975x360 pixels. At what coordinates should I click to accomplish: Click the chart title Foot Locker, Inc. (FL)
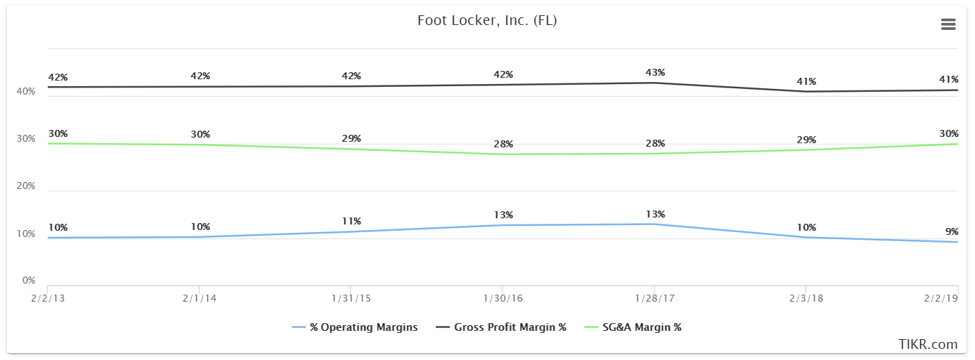click(x=486, y=21)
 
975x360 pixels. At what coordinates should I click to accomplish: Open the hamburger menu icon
click(x=948, y=24)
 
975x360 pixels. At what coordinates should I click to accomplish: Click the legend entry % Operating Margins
click(x=355, y=327)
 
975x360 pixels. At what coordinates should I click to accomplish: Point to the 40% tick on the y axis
click(x=26, y=92)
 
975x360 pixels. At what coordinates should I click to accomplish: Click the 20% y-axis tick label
click(x=26, y=186)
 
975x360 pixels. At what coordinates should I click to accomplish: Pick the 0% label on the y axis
click(x=28, y=281)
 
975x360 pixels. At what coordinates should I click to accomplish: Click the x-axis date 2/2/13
click(x=47, y=298)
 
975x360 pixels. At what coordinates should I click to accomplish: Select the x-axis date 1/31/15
click(x=351, y=298)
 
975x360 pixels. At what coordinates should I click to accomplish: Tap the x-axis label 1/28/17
click(x=655, y=298)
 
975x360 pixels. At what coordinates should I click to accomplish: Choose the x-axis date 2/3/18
click(x=806, y=298)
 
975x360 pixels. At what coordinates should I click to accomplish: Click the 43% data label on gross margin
click(x=655, y=72)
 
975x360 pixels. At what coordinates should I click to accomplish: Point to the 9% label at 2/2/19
click(x=951, y=231)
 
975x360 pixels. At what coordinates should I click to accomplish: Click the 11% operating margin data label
click(x=352, y=221)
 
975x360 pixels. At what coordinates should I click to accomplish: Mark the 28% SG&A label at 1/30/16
click(x=503, y=144)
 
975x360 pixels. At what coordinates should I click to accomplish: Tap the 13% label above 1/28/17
click(x=655, y=214)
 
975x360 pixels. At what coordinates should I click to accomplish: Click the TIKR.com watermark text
click(x=928, y=345)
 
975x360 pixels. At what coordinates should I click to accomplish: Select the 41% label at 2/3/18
click(x=807, y=81)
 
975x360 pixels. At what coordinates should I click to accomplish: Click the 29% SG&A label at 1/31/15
click(x=352, y=138)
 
